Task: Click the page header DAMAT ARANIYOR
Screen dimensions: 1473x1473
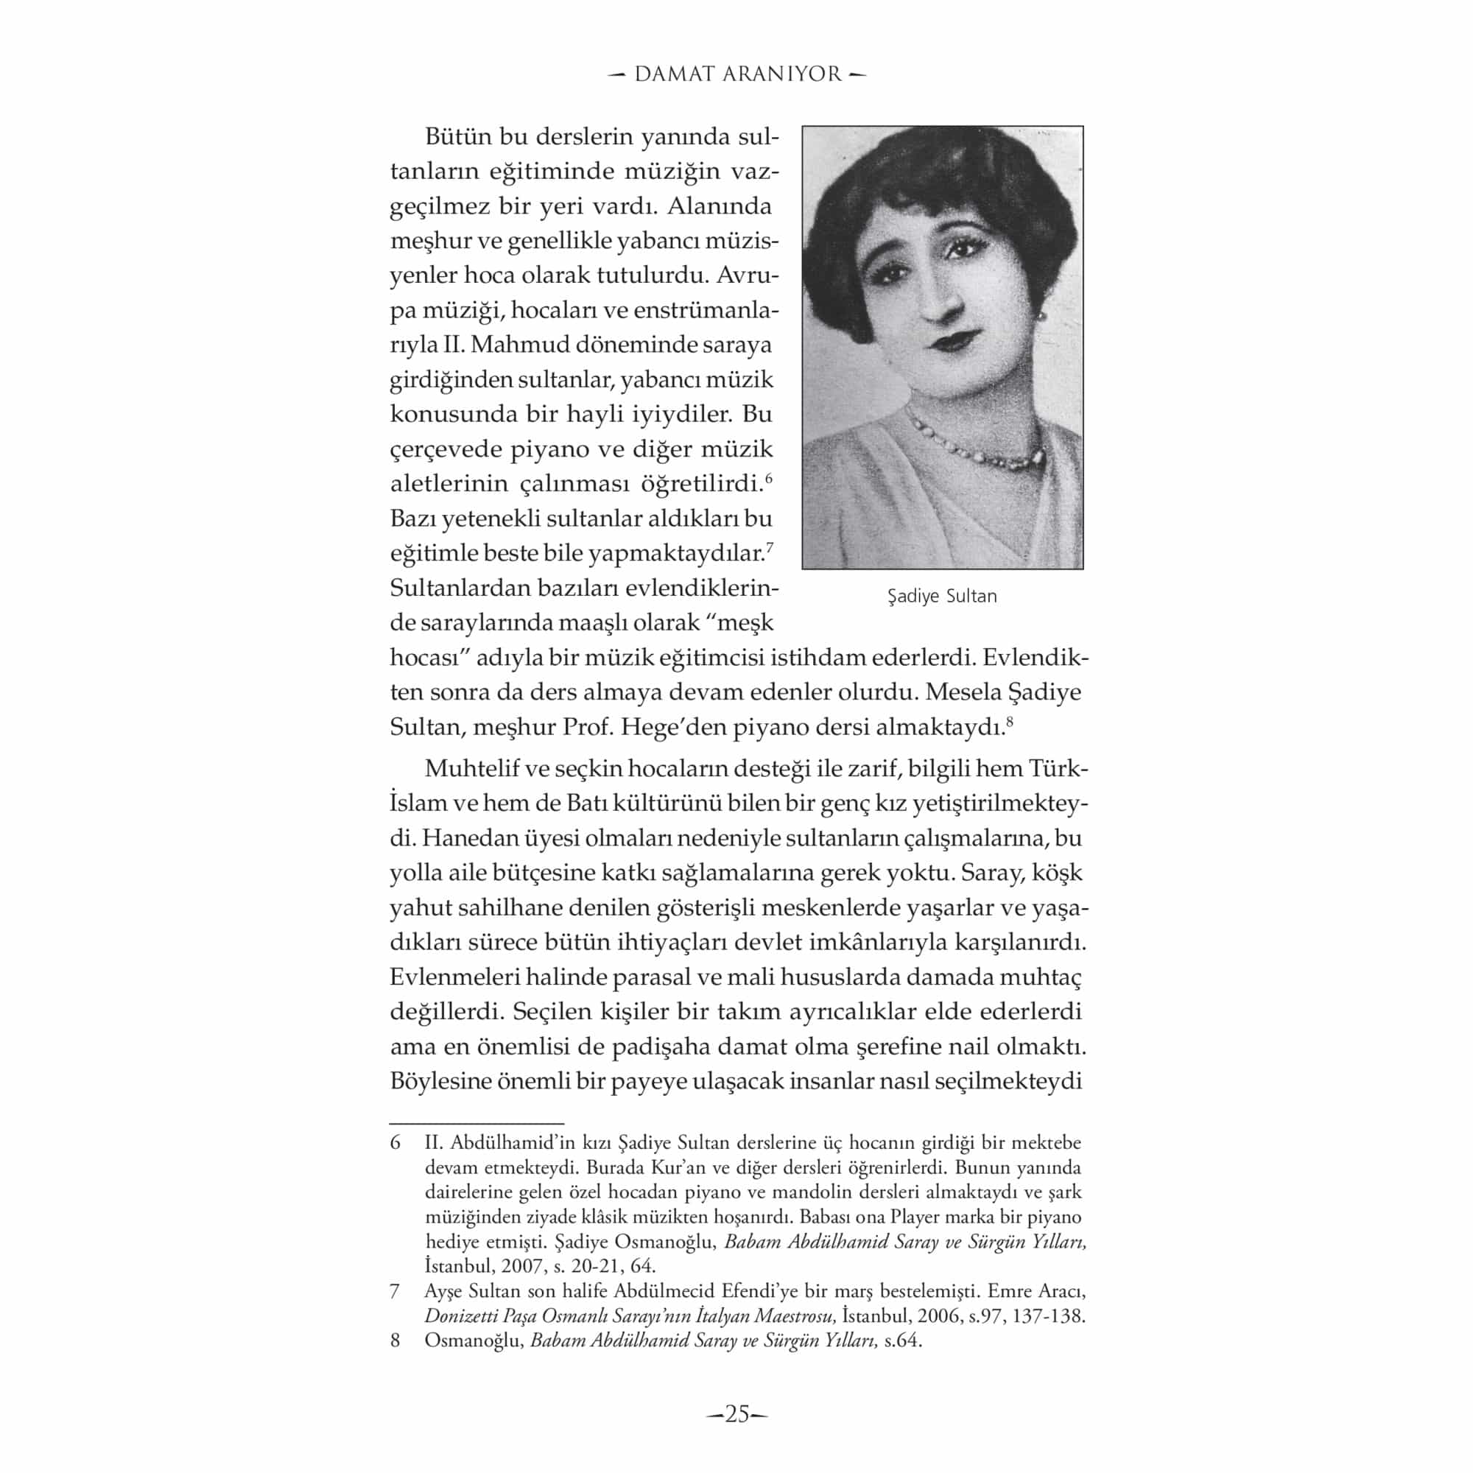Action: pos(737,74)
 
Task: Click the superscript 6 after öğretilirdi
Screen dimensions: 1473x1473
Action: pos(768,478)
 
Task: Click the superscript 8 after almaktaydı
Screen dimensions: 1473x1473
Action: pos(1009,721)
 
